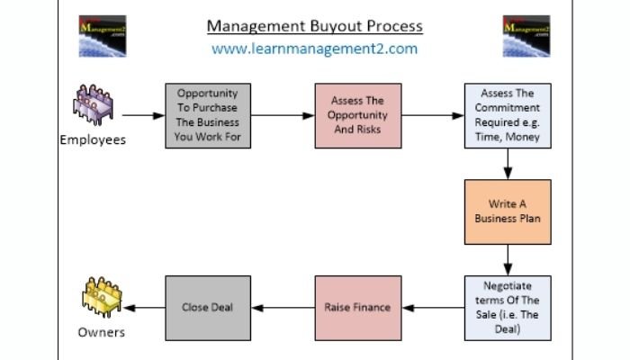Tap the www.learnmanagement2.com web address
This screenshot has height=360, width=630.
pyautogui.click(x=314, y=49)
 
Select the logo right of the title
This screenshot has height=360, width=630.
pyautogui.click(x=526, y=36)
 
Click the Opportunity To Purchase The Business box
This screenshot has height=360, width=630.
pyautogui.click(x=208, y=115)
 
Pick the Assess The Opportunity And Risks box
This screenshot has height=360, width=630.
pyautogui.click(x=358, y=115)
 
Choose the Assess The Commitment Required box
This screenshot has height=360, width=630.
pyautogui.click(x=508, y=115)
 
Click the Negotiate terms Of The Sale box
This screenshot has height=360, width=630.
pyautogui.click(x=508, y=307)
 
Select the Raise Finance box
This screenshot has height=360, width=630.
pyautogui.click(x=358, y=307)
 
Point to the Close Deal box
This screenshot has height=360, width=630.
pyautogui.click(x=208, y=307)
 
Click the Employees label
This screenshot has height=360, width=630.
pyautogui.click(x=93, y=139)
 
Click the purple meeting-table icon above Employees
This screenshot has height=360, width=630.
pyautogui.click(x=94, y=110)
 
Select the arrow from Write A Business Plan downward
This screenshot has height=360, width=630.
pyautogui.click(x=508, y=258)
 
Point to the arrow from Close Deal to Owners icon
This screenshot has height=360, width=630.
pyautogui.click(x=144, y=307)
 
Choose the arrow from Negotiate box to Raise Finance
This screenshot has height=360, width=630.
pyautogui.click(x=433, y=307)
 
